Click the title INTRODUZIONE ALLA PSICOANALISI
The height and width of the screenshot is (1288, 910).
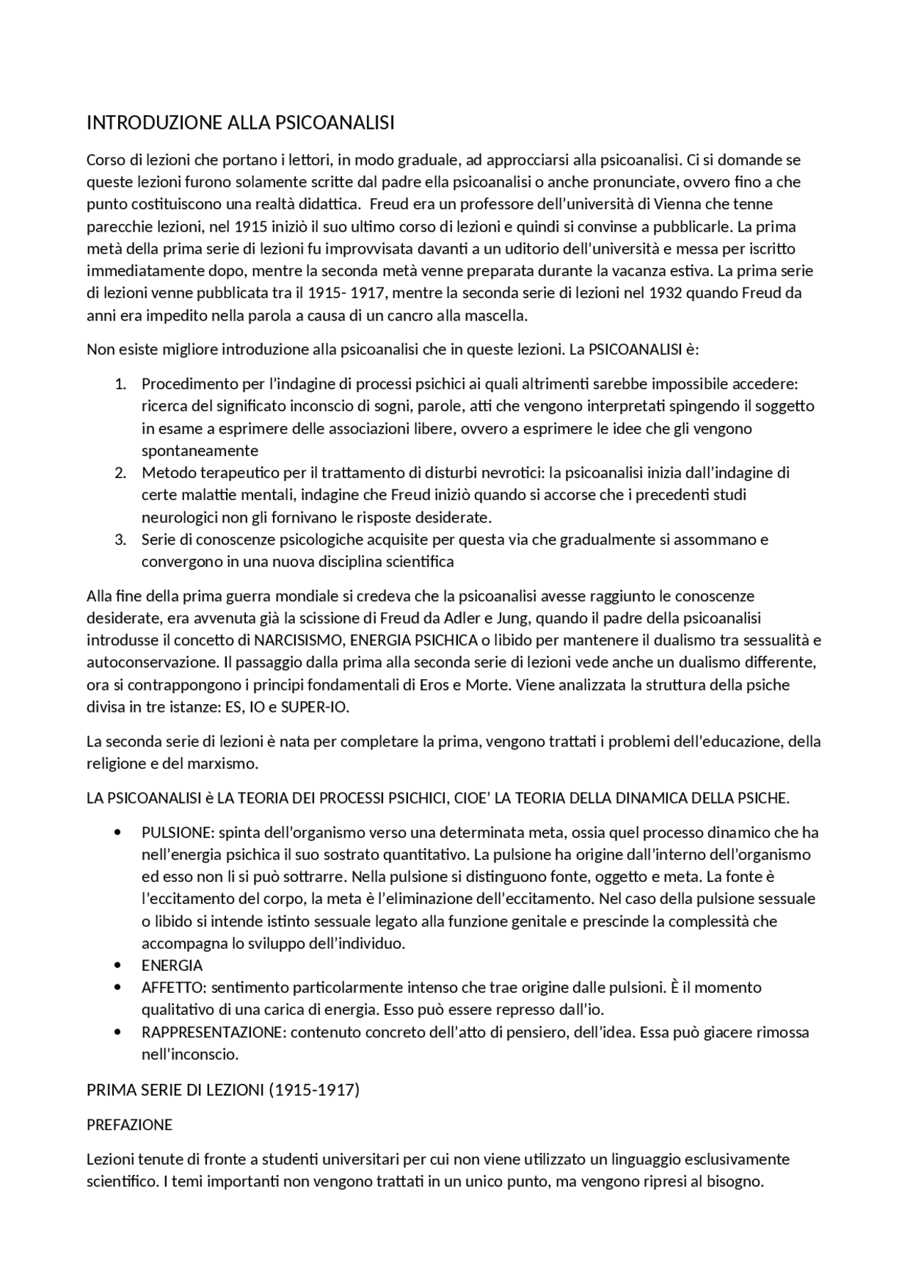point(240,123)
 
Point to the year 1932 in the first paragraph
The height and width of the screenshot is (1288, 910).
point(665,293)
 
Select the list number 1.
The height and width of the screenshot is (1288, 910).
point(120,384)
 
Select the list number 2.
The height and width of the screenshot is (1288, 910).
point(120,473)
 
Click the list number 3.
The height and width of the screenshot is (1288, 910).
point(120,539)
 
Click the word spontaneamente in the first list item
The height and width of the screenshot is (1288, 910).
point(200,451)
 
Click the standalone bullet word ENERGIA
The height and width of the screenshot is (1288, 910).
point(172,965)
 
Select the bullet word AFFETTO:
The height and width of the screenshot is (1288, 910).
point(174,987)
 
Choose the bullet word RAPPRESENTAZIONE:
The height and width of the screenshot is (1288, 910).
point(213,1032)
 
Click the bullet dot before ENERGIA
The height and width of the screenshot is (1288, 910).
point(117,965)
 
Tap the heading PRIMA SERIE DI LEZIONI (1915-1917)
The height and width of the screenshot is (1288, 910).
point(223,1090)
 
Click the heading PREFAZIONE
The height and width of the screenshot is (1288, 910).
point(129,1124)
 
